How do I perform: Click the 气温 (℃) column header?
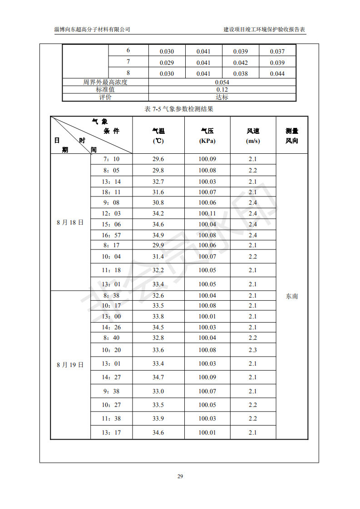pos(158,136)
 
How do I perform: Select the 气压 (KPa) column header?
pos(207,136)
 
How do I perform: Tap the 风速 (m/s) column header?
pos(253,136)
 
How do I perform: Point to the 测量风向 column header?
pos(292,136)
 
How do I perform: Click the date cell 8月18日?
pos(70,222)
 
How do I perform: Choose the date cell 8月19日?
pos(70,365)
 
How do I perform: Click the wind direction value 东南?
pos(292,296)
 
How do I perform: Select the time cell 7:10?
pos(111,159)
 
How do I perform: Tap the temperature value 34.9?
pos(158,235)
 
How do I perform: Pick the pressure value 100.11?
pos(207,213)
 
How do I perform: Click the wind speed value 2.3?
pos(253,350)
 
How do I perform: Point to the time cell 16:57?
pos(111,235)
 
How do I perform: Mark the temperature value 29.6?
pos(158,159)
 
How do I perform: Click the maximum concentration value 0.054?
pos(222,82)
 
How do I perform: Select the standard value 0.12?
pos(222,89)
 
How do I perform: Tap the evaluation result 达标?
pos(222,97)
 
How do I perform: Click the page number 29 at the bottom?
pos(180,476)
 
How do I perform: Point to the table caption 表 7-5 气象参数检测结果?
pos(178,109)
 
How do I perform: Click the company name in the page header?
pos(92,29)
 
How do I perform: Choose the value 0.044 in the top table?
pos(277,74)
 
